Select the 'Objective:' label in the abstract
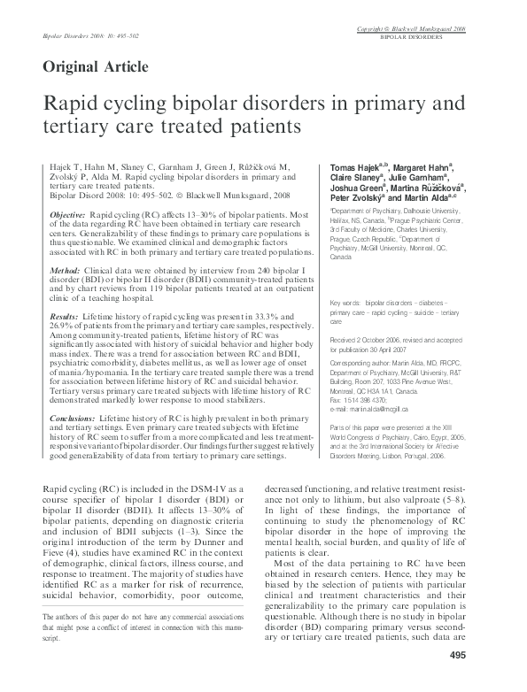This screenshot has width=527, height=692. (67, 216)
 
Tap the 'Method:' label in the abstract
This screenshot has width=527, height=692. (65, 268)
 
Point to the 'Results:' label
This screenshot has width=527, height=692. (65, 315)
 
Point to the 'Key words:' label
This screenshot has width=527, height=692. (346, 303)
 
